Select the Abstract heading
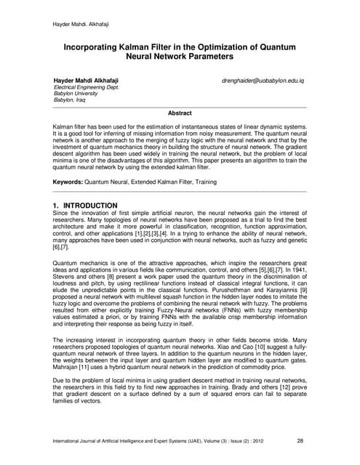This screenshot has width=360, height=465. [x=180, y=113]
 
